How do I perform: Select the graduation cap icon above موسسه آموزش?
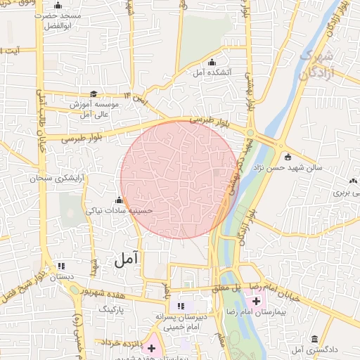click(94, 94)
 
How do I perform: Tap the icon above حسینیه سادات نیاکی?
click(119, 199)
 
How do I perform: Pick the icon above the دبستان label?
click(62, 266)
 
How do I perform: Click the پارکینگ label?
click(110, 309)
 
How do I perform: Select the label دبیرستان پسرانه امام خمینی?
click(184, 322)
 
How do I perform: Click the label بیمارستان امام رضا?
click(285, 311)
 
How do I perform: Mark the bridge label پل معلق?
click(226, 288)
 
